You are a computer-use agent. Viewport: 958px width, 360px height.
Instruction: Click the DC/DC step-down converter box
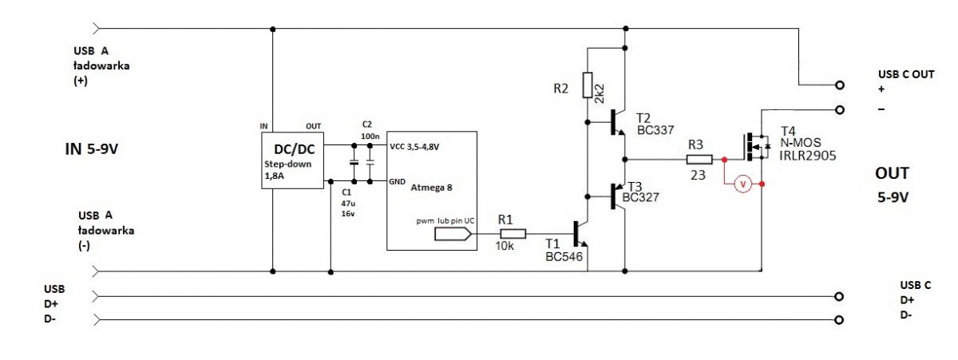[x=291, y=160]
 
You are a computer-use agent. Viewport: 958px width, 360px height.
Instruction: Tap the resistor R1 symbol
[x=513, y=234]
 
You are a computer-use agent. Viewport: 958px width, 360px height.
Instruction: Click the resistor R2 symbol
[x=587, y=85]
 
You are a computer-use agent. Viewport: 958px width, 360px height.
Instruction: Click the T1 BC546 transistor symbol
[x=581, y=235]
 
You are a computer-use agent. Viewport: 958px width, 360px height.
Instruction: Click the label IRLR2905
[x=807, y=157]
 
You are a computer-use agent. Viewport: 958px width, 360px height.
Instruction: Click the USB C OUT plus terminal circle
[x=839, y=85]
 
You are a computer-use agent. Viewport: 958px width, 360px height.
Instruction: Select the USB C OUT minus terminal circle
[x=839, y=109]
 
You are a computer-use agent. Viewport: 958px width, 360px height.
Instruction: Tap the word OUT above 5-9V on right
[x=892, y=173]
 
